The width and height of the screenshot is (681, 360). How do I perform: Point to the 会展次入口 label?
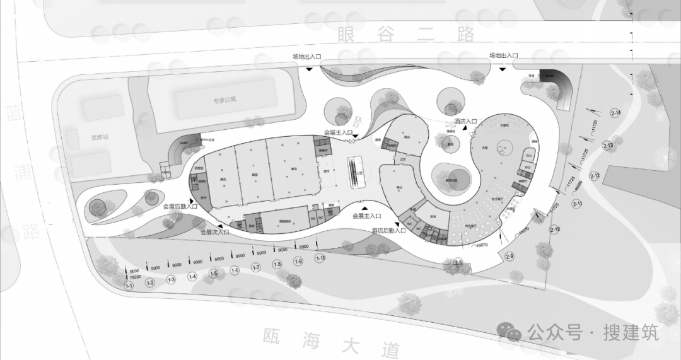coord(215,232)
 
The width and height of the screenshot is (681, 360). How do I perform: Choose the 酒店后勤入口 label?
coord(388,231)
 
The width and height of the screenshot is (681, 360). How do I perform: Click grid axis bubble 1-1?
coord(129,286)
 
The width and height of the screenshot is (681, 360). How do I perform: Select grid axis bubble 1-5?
coord(214,274)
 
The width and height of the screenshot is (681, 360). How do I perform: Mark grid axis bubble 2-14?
coord(616,113)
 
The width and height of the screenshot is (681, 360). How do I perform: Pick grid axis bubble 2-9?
coord(509,256)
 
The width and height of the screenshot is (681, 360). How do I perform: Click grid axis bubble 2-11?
coord(577,203)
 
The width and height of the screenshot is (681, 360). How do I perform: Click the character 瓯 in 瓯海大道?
coord(272,335)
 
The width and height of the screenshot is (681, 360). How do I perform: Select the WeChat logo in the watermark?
coord(509,330)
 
